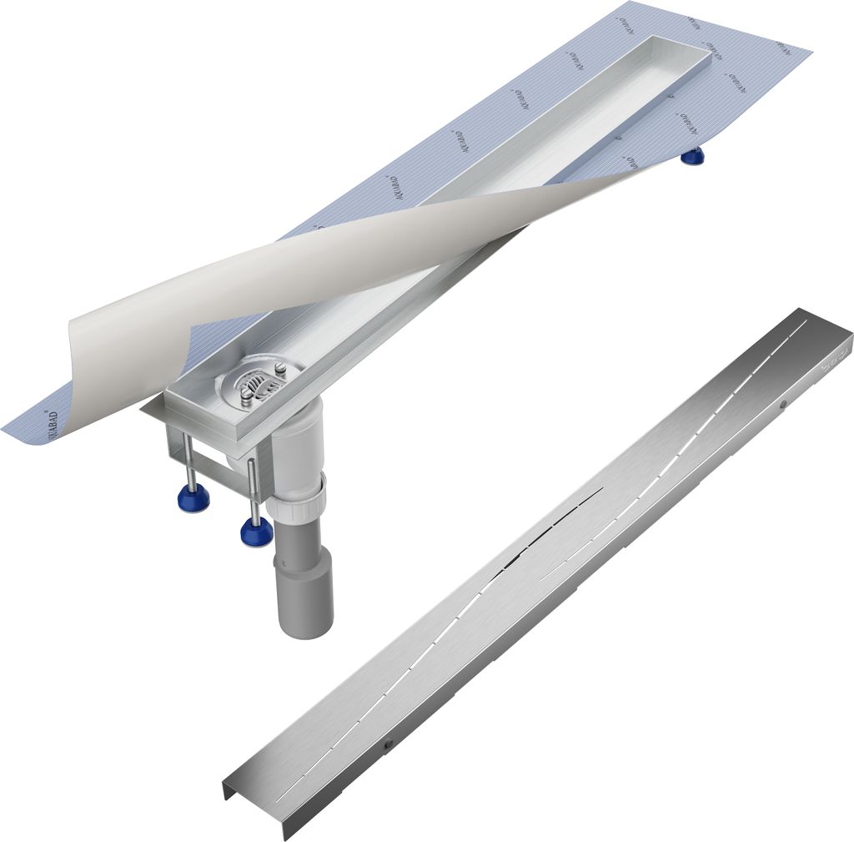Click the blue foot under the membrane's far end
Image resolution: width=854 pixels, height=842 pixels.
691,155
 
